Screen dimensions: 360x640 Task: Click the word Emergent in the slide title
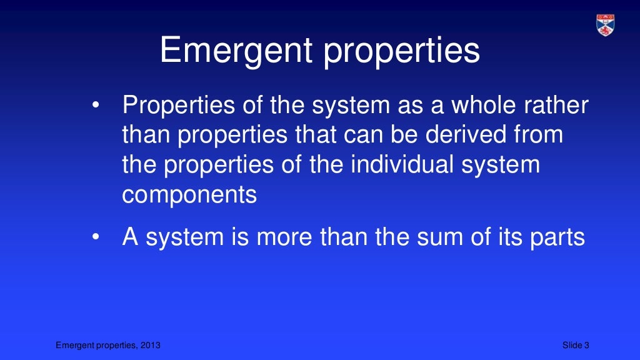[x=236, y=51]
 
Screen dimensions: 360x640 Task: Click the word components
[x=189, y=195]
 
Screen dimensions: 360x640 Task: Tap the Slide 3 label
[x=576, y=346]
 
